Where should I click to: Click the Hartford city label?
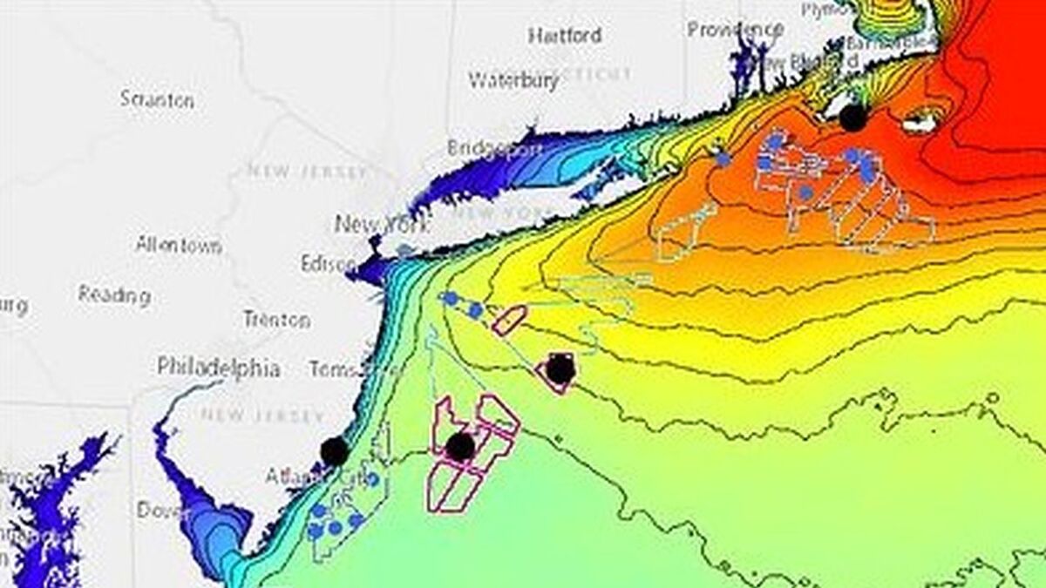[x=565, y=36]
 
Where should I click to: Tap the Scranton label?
[x=157, y=99]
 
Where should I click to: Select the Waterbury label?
[x=513, y=80]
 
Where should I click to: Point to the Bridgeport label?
[x=494, y=148]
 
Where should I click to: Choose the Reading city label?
[x=114, y=295]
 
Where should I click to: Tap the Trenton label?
[x=276, y=320]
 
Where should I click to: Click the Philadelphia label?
[x=219, y=368]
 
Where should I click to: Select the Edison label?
[x=328, y=264]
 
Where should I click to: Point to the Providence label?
[x=734, y=29]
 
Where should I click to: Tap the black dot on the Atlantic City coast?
[x=334, y=451]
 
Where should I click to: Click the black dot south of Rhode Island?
[x=853, y=118]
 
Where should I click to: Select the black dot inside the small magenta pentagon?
[x=560, y=369]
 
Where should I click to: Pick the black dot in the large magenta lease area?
[x=459, y=447]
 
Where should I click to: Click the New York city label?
[x=382, y=225]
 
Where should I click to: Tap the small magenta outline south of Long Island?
[x=509, y=321]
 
